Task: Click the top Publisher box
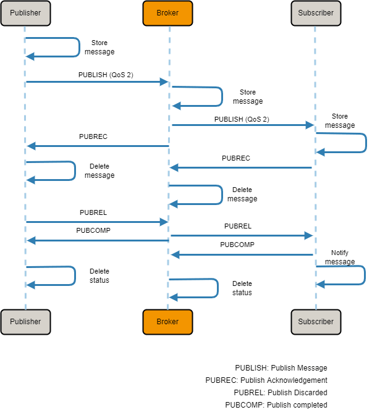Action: tap(25, 13)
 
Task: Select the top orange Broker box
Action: tap(167, 13)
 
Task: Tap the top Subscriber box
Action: tap(316, 13)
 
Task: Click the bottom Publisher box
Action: tap(25, 322)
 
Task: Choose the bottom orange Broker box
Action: tap(167, 322)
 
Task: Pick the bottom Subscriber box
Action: tap(316, 322)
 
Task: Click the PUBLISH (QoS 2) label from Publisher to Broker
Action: tap(106, 75)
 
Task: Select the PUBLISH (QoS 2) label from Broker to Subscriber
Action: tap(242, 119)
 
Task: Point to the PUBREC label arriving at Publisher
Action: tap(93, 136)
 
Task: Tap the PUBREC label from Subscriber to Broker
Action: tap(236, 158)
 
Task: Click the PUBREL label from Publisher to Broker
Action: tap(93, 212)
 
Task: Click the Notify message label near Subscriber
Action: tap(340, 258)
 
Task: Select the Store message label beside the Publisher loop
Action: tap(99, 48)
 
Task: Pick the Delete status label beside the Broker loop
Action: tap(242, 288)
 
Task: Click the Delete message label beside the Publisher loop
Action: tap(99, 171)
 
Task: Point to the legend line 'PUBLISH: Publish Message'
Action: tap(281, 367)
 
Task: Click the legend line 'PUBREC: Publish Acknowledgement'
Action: tap(266, 380)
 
